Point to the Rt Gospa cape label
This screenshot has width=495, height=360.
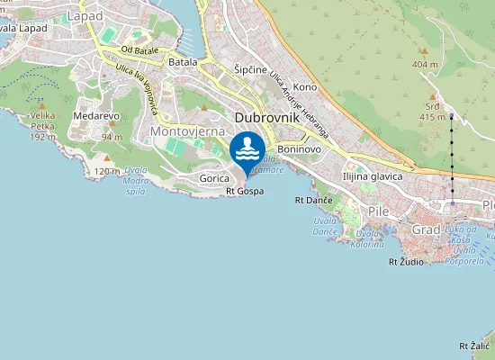245,191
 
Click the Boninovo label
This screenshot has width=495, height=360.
299,148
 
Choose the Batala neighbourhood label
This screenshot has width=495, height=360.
183,62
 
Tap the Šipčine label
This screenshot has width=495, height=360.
250,69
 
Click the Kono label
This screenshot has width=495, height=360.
305,87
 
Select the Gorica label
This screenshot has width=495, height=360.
214,179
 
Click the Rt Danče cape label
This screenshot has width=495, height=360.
314,199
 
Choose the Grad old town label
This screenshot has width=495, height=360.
426,230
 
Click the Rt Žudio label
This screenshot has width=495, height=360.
405,262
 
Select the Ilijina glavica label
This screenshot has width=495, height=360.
372,176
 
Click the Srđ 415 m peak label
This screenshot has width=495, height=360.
433,112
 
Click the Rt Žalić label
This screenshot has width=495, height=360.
474,346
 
